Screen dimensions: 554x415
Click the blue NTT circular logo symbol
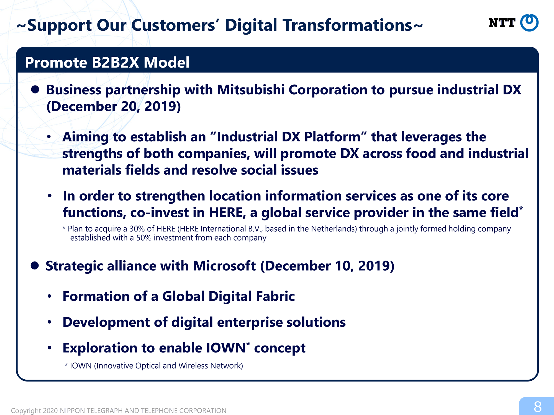(529, 23)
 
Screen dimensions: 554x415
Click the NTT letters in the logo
(502, 23)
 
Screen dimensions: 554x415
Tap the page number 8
(538, 407)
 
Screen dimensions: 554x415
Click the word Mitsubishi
(251, 90)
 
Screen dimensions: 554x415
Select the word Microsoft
(224, 266)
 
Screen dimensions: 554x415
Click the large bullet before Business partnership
(35, 89)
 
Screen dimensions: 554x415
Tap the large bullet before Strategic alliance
(35, 265)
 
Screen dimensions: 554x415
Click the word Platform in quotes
(332, 137)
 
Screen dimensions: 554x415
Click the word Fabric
(275, 296)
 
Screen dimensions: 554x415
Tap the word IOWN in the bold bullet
(226, 348)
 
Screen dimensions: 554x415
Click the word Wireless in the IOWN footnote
(193, 366)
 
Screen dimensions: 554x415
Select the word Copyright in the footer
(26, 411)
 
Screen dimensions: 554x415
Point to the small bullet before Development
(50, 322)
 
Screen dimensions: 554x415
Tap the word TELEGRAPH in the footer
(106, 411)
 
